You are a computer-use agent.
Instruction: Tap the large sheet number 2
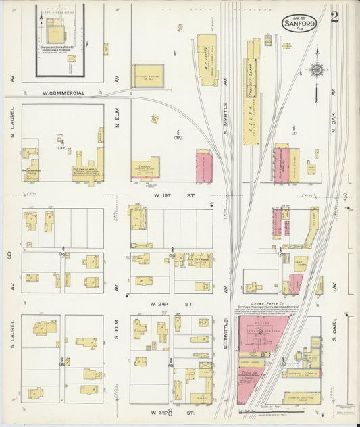coord(334,18)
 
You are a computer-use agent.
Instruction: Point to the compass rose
coord(315,69)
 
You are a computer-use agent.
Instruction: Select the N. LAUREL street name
coord(12,116)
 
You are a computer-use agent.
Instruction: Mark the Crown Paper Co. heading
coord(266,305)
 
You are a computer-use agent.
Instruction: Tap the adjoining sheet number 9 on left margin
coord(9,255)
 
